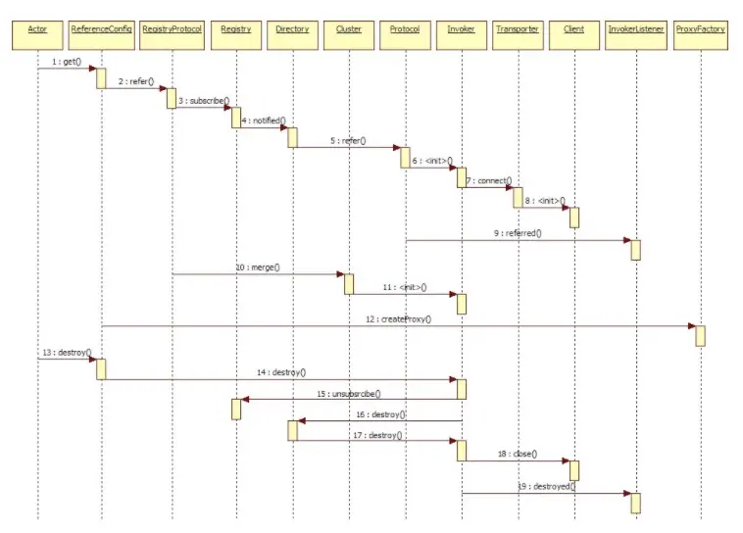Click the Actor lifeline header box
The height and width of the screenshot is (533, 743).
[38, 29]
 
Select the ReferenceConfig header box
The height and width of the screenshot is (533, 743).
[101, 29]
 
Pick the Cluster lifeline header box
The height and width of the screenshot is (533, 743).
[348, 29]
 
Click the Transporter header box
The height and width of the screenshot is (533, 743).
[517, 29]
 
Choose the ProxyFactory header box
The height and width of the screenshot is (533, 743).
[700, 29]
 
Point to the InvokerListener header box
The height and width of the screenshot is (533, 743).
[635, 29]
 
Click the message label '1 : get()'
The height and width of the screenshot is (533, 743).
[66, 62]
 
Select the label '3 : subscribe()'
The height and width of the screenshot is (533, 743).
[203, 100]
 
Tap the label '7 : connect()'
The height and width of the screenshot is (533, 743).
[489, 181]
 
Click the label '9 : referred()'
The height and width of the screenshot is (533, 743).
[520, 233]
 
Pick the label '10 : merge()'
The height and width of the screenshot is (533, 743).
[258, 266]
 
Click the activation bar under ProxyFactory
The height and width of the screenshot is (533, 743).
[700, 335]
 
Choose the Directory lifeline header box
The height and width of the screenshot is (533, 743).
[292, 29]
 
